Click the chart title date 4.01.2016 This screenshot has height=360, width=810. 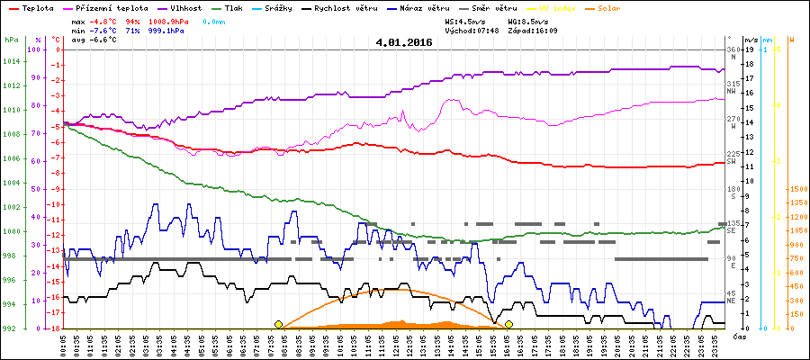tap(404, 41)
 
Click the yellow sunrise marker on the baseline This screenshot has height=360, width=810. tap(278, 324)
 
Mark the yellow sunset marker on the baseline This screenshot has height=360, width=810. tap(508, 324)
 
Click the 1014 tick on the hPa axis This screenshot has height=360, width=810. tap(11, 62)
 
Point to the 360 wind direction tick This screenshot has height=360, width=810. tap(732, 49)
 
